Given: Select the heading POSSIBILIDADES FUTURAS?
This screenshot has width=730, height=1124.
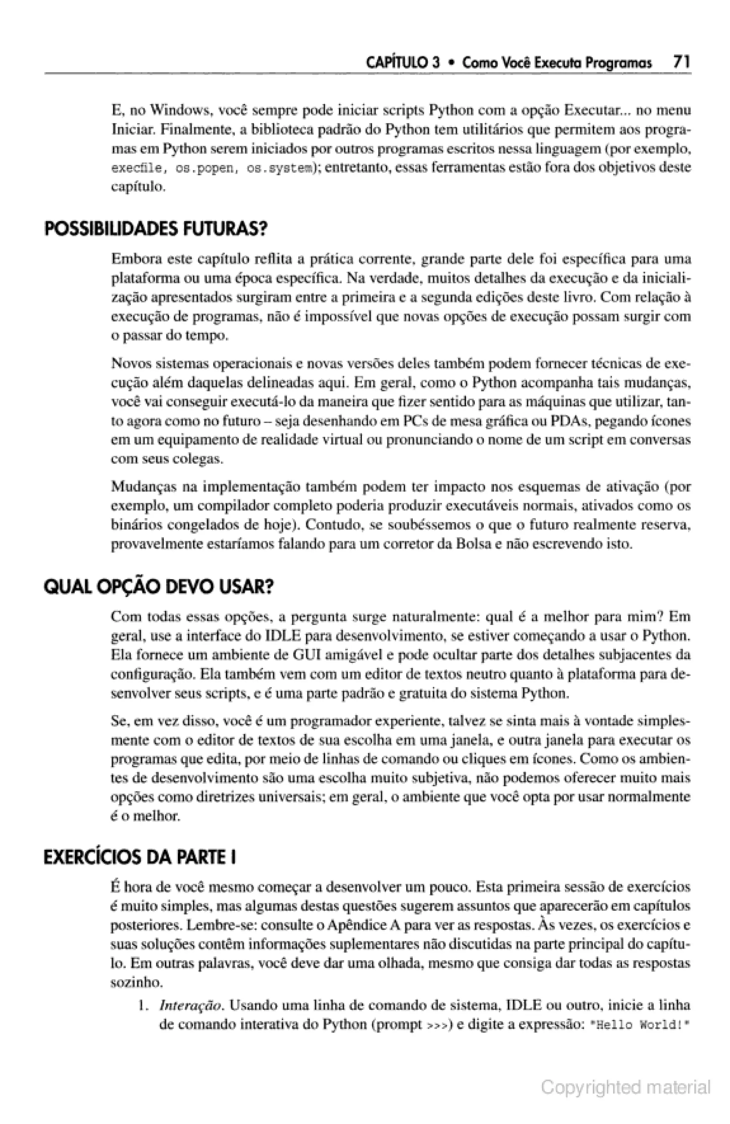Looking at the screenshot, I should tap(155, 230).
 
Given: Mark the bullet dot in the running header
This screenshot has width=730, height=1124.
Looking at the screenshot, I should tap(451, 63).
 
